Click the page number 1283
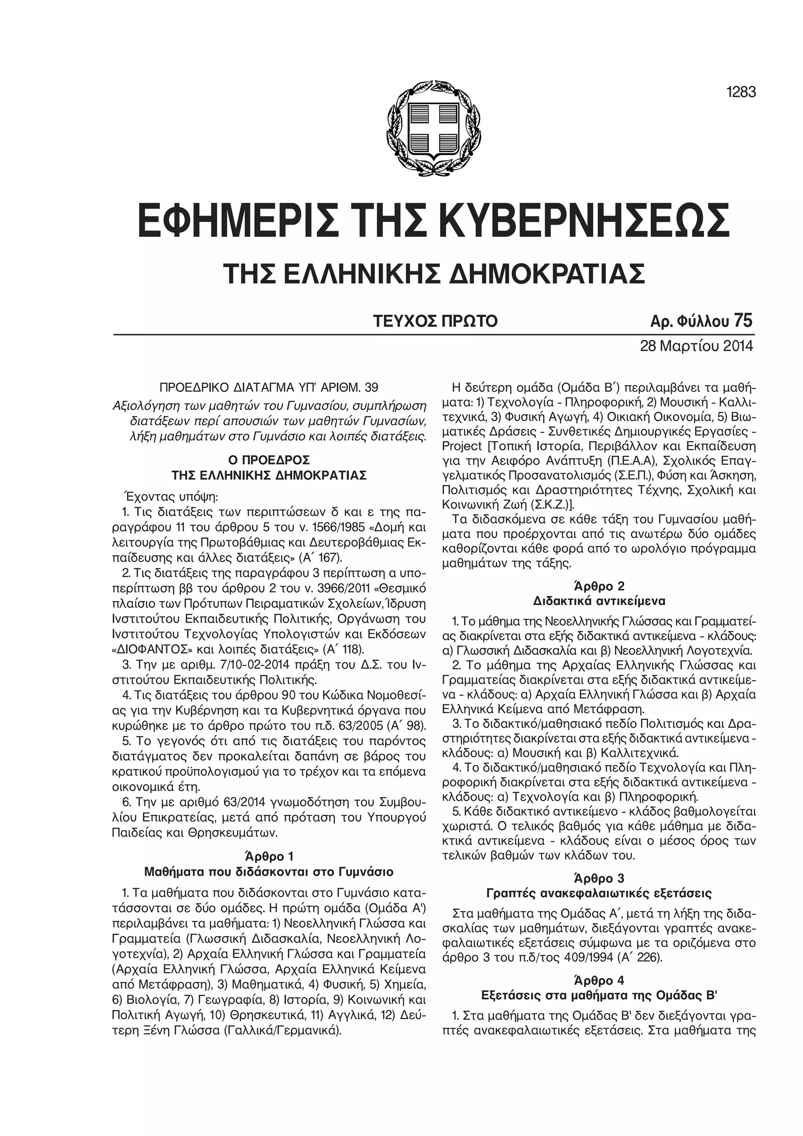[x=741, y=92]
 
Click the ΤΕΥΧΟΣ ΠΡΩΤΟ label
[x=435, y=322]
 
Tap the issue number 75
[x=743, y=321]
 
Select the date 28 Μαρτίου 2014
[x=697, y=345]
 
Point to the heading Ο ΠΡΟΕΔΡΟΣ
[x=269, y=460]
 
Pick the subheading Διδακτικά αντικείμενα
[x=599, y=601]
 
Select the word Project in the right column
[x=461, y=446]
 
